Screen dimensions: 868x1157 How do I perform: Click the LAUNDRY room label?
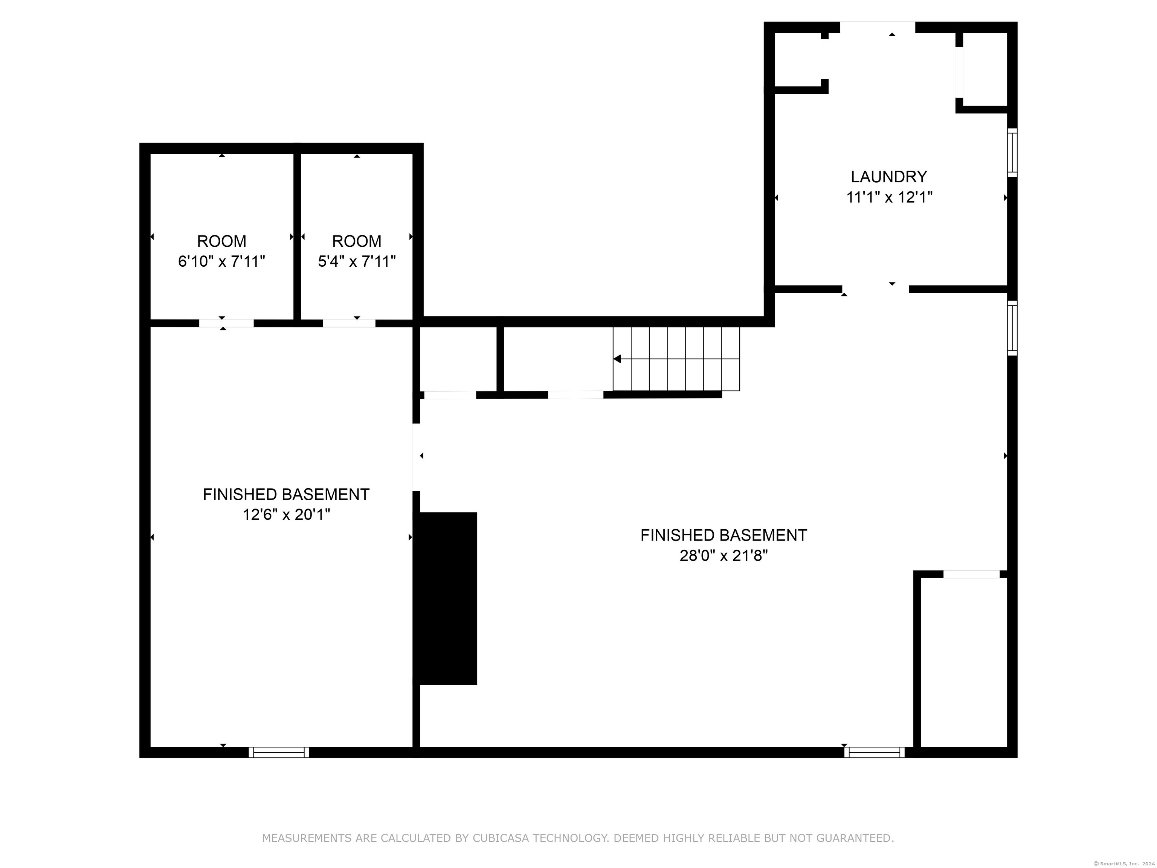click(889, 177)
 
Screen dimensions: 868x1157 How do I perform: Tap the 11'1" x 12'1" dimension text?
click(889, 198)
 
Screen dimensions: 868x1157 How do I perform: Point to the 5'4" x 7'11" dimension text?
click(357, 261)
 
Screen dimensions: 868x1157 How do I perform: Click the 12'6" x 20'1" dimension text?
click(286, 515)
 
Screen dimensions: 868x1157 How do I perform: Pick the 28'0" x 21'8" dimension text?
click(724, 556)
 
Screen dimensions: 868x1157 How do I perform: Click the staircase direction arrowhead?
click(617, 359)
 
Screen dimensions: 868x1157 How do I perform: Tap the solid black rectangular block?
click(448, 598)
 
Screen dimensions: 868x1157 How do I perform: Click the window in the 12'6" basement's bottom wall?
click(279, 752)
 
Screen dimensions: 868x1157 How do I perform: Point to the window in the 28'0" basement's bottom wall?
click(874, 752)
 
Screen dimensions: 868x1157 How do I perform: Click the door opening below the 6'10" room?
click(226, 323)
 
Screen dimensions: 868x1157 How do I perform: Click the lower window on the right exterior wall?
click(1012, 328)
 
